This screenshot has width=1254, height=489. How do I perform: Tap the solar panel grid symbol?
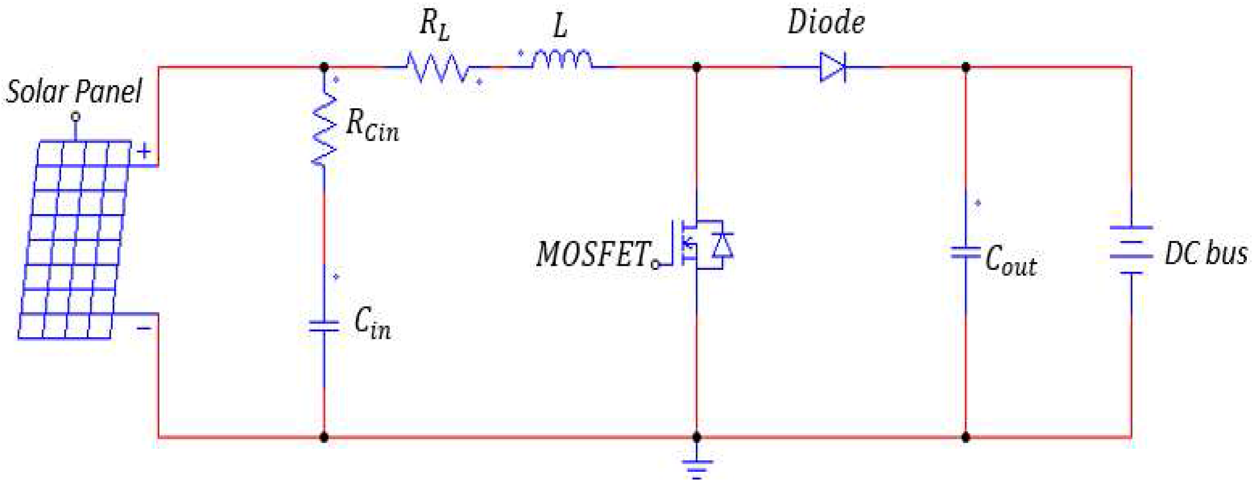point(74,240)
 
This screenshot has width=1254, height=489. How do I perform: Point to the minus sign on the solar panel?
point(144,329)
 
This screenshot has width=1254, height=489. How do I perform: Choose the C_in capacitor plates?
point(324,326)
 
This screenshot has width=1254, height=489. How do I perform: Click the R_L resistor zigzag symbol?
point(437,68)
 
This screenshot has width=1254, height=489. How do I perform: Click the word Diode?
point(826,23)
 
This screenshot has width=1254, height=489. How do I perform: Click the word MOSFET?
point(593,254)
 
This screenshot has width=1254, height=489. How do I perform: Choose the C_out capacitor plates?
point(966,253)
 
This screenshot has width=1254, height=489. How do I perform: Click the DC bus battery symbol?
point(1131,249)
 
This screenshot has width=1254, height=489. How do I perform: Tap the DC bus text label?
point(1206,254)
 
